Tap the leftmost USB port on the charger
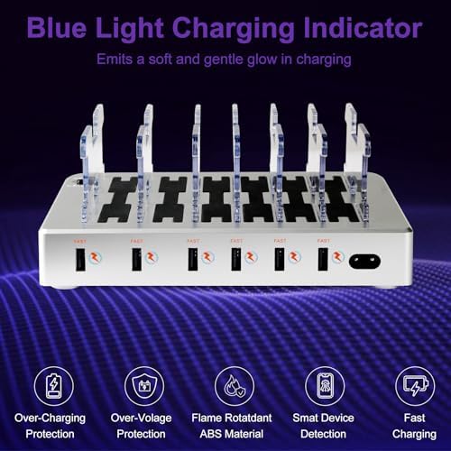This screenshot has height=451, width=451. pyautogui.click(x=78, y=259)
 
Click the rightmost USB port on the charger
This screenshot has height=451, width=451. pyautogui.click(x=322, y=259)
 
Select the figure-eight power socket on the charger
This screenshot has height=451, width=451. pyautogui.click(x=364, y=260)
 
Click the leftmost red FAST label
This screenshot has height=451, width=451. pyautogui.click(x=78, y=241)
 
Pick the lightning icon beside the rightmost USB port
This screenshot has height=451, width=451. pyautogui.click(x=337, y=258)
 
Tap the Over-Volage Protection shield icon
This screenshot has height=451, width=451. pyautogui.click(x=144, y=385)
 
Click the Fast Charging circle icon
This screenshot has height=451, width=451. pyautogui.click(x=414, y=385)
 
